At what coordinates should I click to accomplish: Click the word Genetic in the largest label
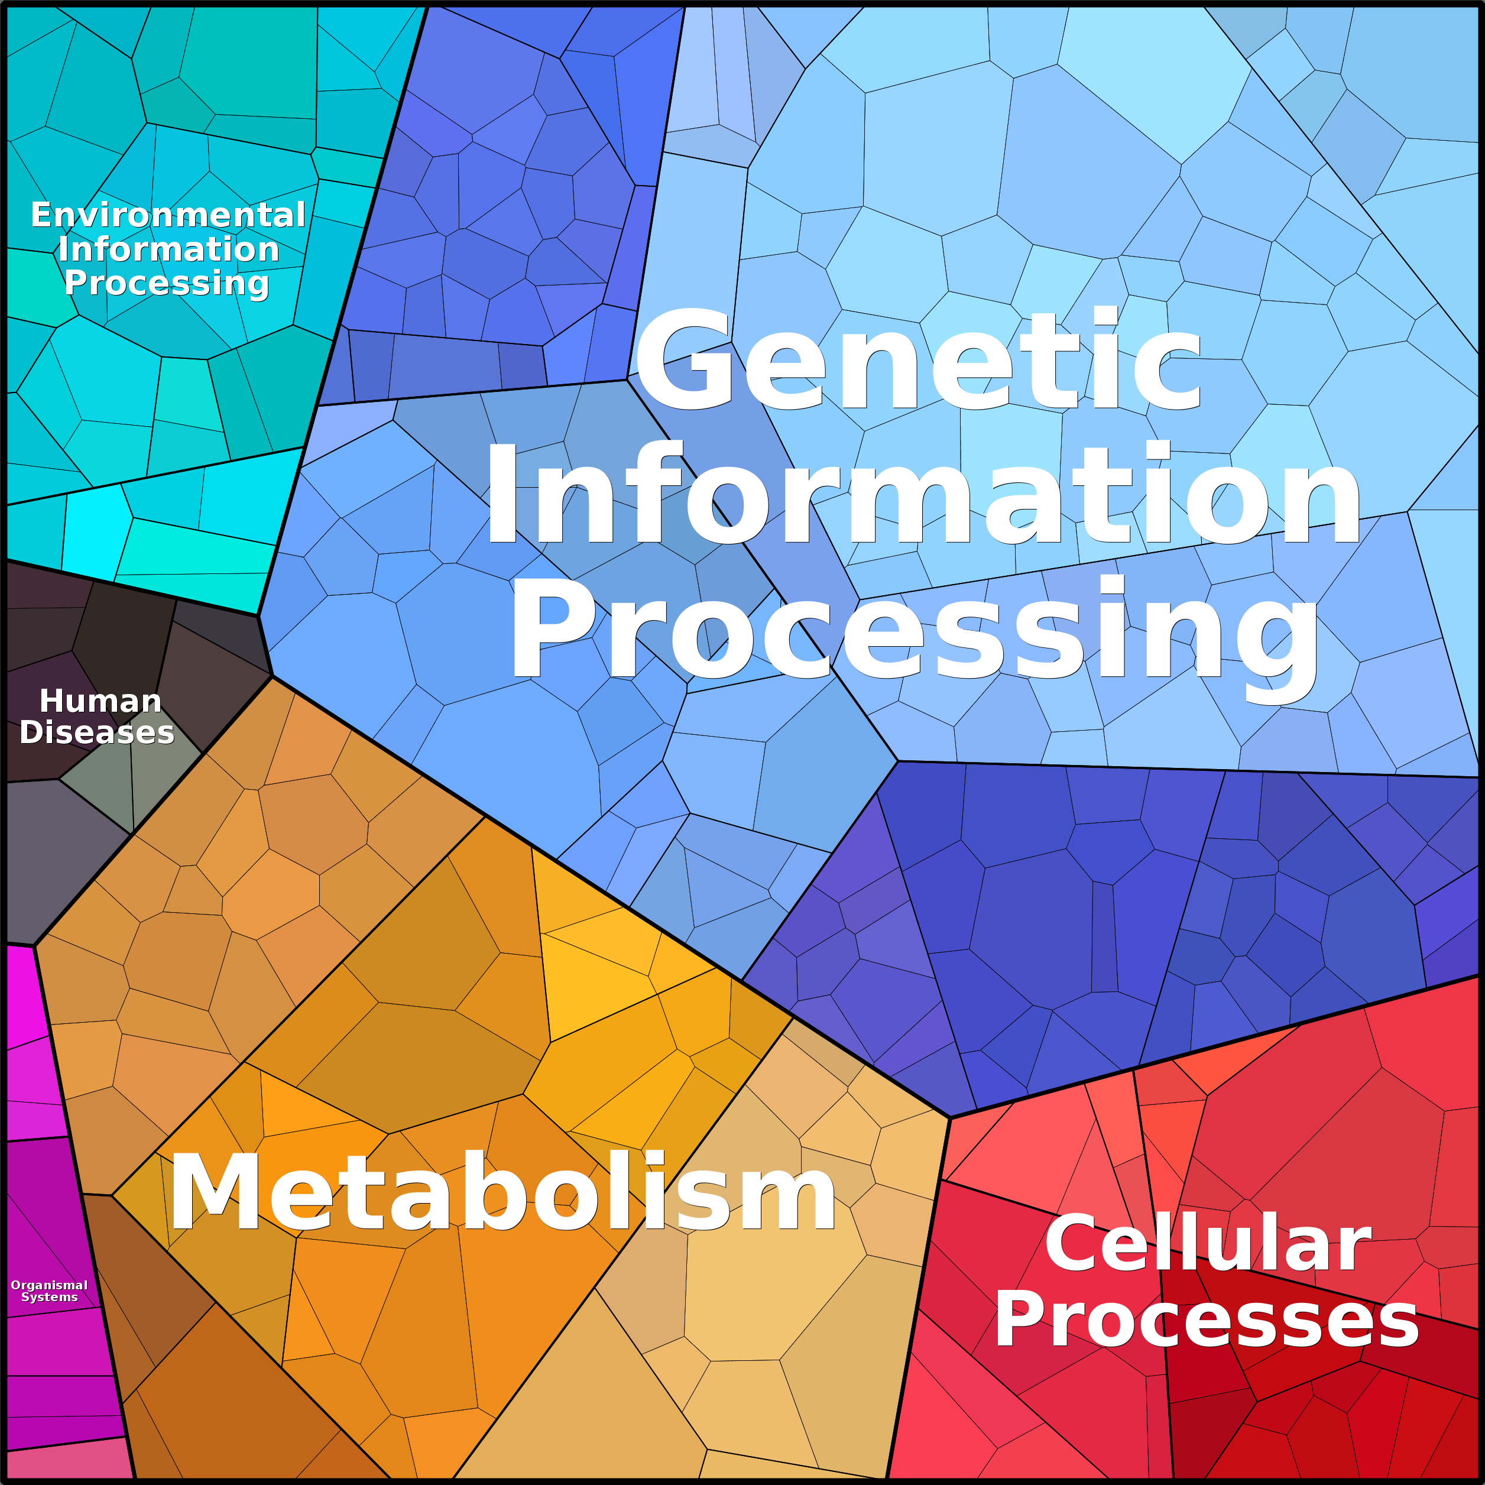coord(919,358)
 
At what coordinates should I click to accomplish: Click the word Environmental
coord(168,215)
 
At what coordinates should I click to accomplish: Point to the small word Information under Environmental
coord(168,249)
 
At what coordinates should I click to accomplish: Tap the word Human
coord(100,701)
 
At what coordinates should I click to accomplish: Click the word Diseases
coord(97,732)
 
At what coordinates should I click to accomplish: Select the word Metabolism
coord(502,1194)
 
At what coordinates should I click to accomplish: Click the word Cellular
coord(1208,1244)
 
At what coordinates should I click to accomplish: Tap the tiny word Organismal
coord(49,1285)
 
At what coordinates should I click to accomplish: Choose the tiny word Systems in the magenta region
coord(49,1298)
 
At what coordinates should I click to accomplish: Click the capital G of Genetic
coord(684,358)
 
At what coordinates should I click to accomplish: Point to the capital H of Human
coord(52,701)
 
